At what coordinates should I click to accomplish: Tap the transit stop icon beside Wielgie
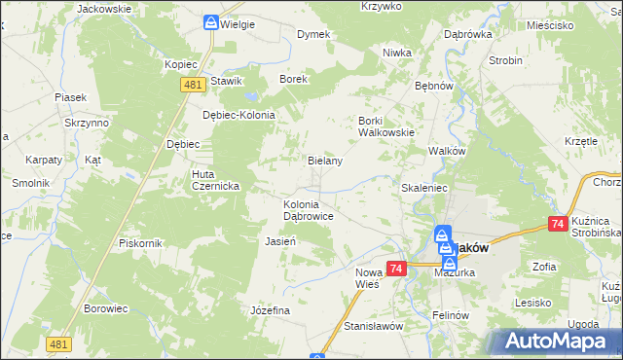coord(211,22)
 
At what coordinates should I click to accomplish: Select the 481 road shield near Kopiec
coord(191,87)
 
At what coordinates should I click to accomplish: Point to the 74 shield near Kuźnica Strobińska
coord(558,225)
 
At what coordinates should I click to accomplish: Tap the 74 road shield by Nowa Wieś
coord(395,269)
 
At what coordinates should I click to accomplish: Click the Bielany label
coord(325,161)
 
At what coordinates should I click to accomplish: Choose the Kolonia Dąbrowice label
coord(309,210)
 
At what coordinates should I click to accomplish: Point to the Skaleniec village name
coord(423,187)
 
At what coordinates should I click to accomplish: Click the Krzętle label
coord(580,141)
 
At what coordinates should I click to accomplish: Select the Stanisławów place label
coord(373,326)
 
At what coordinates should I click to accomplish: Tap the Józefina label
coord(271,310)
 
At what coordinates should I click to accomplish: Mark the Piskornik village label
coord(137,242)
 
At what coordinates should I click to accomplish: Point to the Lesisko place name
coord(534,303)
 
